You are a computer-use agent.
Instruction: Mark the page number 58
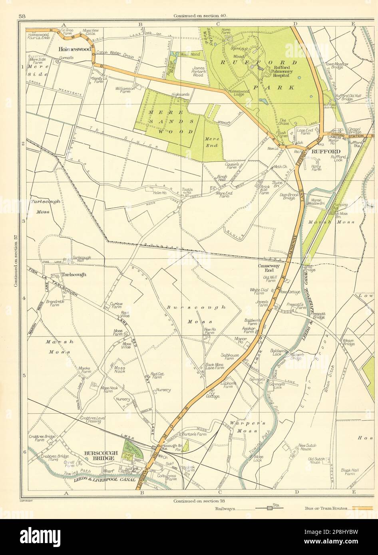pos(22,16)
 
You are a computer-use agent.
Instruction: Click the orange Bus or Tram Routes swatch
pos(362,508)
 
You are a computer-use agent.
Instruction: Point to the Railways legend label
pos(225,509)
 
